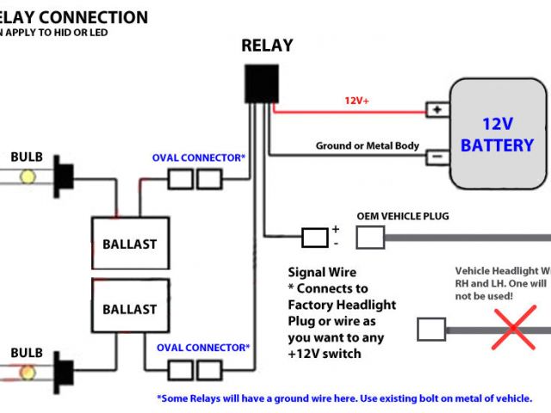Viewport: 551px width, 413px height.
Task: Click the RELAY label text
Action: [x=267, y=46]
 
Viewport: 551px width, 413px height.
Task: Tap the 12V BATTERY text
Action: [x=497, y=135]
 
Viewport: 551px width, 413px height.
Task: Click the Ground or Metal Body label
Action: [x=368, y=145]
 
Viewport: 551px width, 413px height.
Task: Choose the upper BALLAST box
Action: [x=129, y=243]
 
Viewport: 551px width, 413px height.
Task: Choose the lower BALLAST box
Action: [x=129, y=309]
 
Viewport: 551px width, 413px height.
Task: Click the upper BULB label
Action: [x=27, y=157]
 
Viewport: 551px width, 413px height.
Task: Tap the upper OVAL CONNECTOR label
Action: [x=199, y=157]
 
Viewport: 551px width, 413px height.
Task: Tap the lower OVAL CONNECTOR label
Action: [x=203, y=348]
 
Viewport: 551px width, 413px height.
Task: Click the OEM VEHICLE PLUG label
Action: [x=403, y=216]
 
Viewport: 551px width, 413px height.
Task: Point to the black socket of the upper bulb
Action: [x=62, y=178]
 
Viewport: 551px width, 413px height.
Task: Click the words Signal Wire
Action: [x=322, y=273]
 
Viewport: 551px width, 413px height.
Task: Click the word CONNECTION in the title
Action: [x=96, y=17]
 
